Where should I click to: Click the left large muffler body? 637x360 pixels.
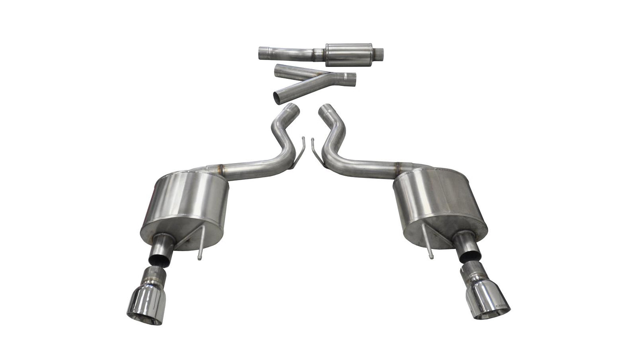pos(185,207)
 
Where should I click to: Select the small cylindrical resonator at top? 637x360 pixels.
pos(348,54)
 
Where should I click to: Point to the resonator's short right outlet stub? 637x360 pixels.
pos(379,51)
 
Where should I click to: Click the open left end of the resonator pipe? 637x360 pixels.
pos(259,53)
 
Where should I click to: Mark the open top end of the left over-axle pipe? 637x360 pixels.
pos(293,108)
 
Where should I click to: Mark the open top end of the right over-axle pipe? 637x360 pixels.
pos(326,108)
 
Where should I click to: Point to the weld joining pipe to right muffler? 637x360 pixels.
pos(399,167)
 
